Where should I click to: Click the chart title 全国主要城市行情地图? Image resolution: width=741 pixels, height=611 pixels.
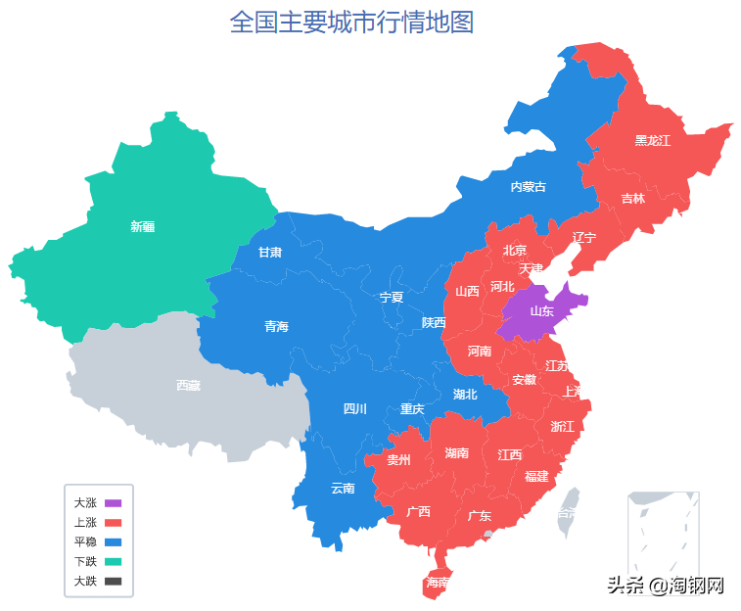(351, 22)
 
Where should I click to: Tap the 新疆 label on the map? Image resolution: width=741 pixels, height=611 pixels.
(143, 226)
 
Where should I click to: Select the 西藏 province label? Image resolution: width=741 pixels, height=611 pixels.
(188, 385)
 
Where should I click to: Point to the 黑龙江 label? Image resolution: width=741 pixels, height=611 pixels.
(652, 140)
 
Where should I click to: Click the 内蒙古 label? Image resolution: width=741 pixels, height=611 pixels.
(528, 186)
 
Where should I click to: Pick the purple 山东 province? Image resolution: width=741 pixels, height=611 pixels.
(541, 311)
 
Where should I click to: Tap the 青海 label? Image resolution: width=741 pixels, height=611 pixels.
(276, 326)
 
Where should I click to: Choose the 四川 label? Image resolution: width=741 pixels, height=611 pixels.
(354, 408)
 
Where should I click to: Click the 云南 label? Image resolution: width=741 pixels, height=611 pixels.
(343, 488)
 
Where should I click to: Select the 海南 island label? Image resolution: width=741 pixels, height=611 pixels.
(437, 583)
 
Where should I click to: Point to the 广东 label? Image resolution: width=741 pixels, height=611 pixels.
(479, 515)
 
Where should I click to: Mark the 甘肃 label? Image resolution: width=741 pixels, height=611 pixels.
(270, 252)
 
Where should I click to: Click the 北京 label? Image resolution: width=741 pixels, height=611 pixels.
(514, 250)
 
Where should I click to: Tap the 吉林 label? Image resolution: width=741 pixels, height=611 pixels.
(632, 198)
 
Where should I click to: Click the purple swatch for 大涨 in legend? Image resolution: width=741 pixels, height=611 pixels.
(113, 502)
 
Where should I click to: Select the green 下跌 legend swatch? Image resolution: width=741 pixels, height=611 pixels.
(113, 561)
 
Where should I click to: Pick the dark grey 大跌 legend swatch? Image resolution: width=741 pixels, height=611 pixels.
(113, 581)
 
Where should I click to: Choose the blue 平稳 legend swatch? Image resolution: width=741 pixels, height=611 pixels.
(113, 541)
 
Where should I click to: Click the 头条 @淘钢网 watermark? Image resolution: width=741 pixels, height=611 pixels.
(665, 586)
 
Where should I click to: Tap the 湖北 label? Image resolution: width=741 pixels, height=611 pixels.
(465, 395)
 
